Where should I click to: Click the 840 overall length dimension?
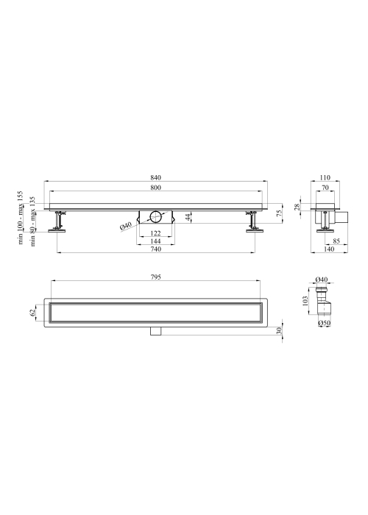[156, 178]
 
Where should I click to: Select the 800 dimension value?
[156, 188]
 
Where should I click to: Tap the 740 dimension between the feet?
[156, 249]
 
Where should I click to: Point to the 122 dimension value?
[156, 233]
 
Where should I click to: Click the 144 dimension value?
[156, 241]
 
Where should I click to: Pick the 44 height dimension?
[188, 217]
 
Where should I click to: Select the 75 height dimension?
[280, 213]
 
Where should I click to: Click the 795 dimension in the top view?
[156, 277]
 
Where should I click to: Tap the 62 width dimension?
[32, 313]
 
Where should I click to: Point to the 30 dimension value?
[279, 330]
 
